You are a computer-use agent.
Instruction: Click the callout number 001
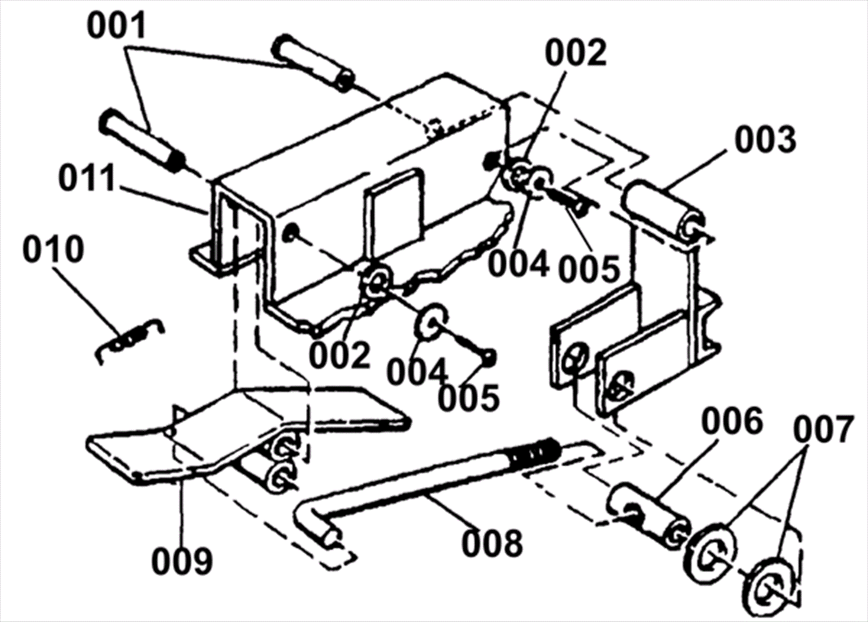pos(117,25)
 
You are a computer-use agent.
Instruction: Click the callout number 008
pos(493,543)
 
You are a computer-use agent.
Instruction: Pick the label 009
pos(182,562)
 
